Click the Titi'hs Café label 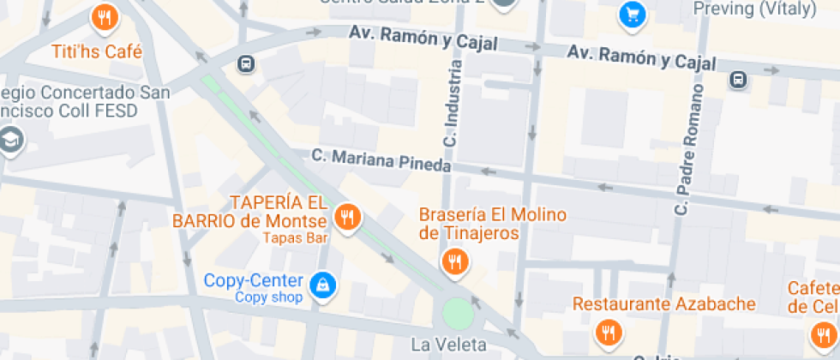click(x=97, y=51)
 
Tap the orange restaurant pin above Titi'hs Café click(x=104, y=16)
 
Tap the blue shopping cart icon click(x=633, y=15)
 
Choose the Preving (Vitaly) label click(x=753, y=9)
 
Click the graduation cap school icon click(x=10, y=140)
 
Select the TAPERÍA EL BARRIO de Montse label click(x=250, y=212)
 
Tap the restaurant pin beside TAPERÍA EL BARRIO click(x=346, y=218)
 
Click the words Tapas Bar click(x=296, y=237)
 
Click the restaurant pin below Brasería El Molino click(x=455, y=261)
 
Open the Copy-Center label click(x=253, y=280)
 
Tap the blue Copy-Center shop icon click(x=321, y=284)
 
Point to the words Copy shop click(x=269, y=297)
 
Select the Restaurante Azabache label click(x=663, y=303)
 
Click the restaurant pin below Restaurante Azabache click(x=609, y=331)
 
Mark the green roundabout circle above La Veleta click(x=458, y=314)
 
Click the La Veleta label click(x=448, y=345)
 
